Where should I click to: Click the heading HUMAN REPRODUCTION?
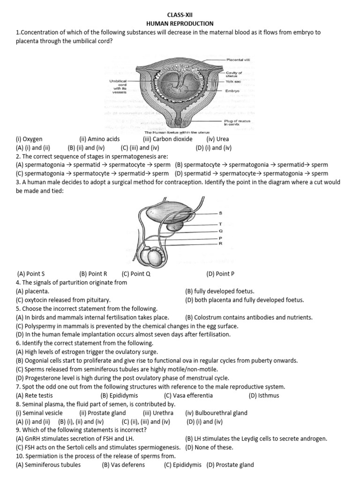(x=180, y=23)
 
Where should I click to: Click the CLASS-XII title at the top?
(x=180, y=15)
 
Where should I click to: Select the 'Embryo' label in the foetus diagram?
(x=232, y=90)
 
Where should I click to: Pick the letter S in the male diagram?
(x=220, y=213)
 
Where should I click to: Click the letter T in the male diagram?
(x=220, y=225)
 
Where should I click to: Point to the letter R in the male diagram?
(x=220, y=243)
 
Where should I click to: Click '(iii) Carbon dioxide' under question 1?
(x=167, y=139)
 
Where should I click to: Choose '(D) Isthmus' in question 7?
(x=264, y=395)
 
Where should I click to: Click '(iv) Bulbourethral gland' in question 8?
(x=216, y=413)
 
